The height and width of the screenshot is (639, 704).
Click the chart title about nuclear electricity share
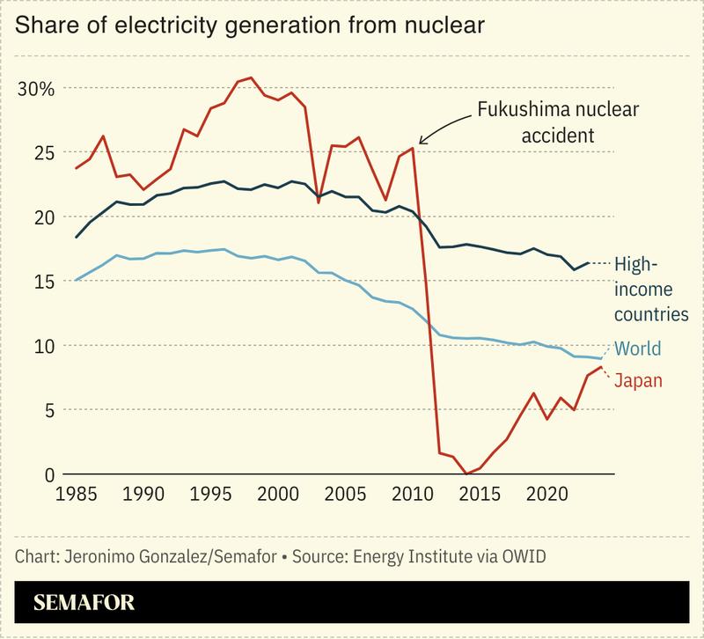[x=250, y=27]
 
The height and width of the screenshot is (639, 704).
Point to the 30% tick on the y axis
[x=36, y=89]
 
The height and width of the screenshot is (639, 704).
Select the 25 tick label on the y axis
[x=42, y=153]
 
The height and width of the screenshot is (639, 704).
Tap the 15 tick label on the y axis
[x=42, y=282]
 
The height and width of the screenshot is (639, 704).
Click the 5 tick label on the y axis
[x=48, y=410]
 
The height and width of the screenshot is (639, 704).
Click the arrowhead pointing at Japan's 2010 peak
[x=422, y=141]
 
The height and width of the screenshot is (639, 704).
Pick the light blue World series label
[x=637, y=349]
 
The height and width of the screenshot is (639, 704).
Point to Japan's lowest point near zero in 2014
[x=466, y=474]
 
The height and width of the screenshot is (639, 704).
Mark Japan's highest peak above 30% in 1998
[x=252, y=78]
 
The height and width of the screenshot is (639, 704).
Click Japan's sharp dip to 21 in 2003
[x=319, y=202]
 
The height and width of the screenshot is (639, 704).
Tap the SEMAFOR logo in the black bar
[x=84, y=605]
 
